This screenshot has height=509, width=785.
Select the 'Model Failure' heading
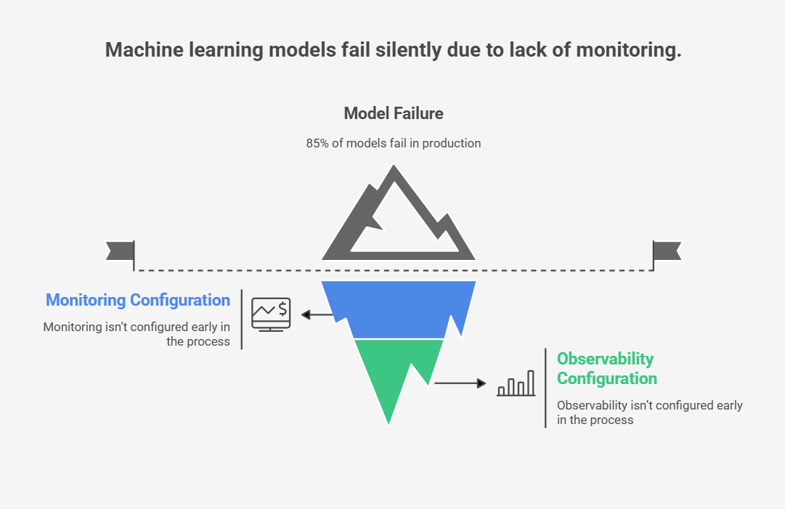tap(393, 113)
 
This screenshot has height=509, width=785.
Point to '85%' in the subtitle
tap(317, 143)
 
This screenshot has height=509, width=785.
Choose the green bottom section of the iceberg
tap(392, 370)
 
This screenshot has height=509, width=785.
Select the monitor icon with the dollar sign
tap(271, 314)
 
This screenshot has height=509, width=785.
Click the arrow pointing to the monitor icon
tap(317, 314)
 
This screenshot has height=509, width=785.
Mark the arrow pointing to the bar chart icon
tap(460, 383)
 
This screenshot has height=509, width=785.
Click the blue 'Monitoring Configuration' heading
tap(138, 300)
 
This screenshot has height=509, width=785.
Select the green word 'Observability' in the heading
tap(605, 359)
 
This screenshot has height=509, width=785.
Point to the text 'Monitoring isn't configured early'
tap(137, 327)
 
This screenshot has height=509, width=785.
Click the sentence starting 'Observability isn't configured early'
tap(649, 405)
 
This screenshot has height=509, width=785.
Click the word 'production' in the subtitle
tap(451, 143)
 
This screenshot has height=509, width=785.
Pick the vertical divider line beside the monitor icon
tap(241, 319)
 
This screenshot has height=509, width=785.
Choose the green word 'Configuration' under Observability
tap(606, 378)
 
